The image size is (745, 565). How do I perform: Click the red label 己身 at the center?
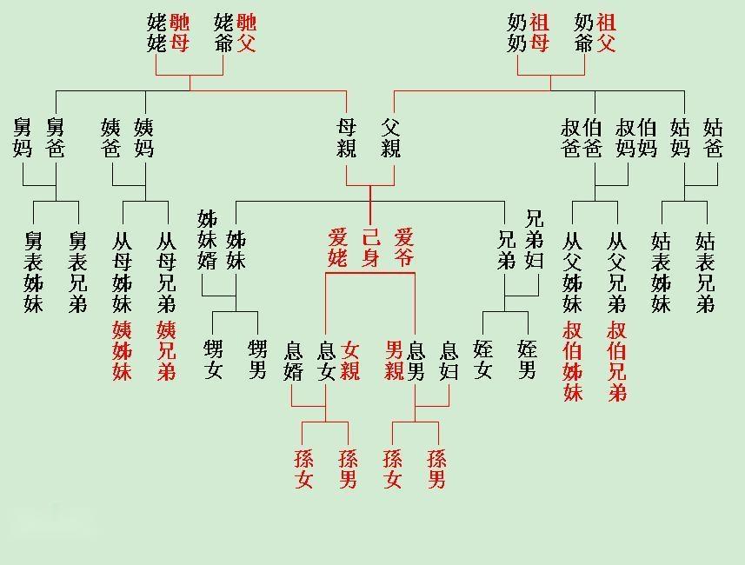[370, 247]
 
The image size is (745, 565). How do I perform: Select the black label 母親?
[347, 137]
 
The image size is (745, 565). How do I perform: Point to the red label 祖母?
[539, 33]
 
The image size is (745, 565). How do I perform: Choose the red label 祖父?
[607, 33]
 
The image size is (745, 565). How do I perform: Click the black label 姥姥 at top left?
[157, 33]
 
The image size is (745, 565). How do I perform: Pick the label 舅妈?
[23, 137]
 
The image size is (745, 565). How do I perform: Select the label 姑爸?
[713, 137]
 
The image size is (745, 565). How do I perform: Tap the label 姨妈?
[144, 137]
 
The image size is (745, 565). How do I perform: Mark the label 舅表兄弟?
[78, 271]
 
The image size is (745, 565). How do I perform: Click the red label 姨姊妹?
[122, 350]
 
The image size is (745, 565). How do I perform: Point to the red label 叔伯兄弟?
[617, 361]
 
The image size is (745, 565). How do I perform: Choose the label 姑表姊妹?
[662, 271]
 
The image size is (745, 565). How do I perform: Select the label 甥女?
[213, 359]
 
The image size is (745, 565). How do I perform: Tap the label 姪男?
[527, 359]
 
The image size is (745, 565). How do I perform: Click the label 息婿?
[292, 361]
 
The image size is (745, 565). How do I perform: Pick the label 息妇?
[449, 361]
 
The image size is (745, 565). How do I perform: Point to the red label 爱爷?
[404, 247]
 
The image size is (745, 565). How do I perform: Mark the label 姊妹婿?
[208, 239]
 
